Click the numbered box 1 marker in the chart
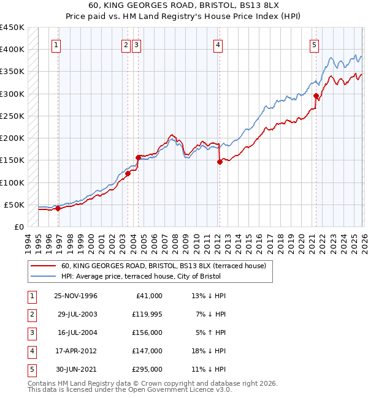pos(56,44)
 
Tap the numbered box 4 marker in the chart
pos(218,44)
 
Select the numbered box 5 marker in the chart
pos(314,44)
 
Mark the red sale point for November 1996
pos(58,209)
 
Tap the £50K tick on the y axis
pos(15,205)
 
